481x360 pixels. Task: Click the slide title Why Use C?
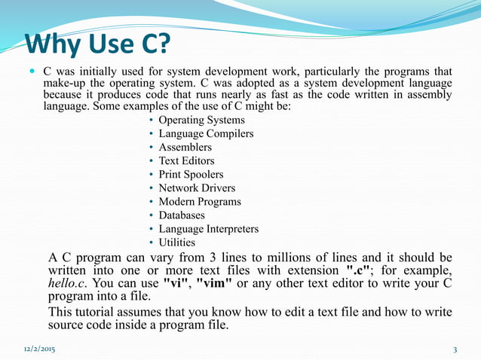click(98, 46)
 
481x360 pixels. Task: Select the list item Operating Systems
click(201, 121)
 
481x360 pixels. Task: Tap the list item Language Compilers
click(206, 134)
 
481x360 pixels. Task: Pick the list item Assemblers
click(185, 148)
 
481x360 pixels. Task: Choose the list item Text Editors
click(186, 161)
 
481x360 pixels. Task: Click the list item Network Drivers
click(197, 188)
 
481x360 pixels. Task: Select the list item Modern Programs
click(200, 202)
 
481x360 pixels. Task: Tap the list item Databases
click(182, 215)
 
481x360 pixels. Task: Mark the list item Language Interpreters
click(208, 229)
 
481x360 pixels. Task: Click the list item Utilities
click(176, 243)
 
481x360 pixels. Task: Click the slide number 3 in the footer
click(455, 349)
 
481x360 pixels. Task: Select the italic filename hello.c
click(69, 283)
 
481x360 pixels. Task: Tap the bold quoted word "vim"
click(213, 283)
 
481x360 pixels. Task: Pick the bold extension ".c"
click(358, 270)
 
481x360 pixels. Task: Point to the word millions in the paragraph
click(274, 256)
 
